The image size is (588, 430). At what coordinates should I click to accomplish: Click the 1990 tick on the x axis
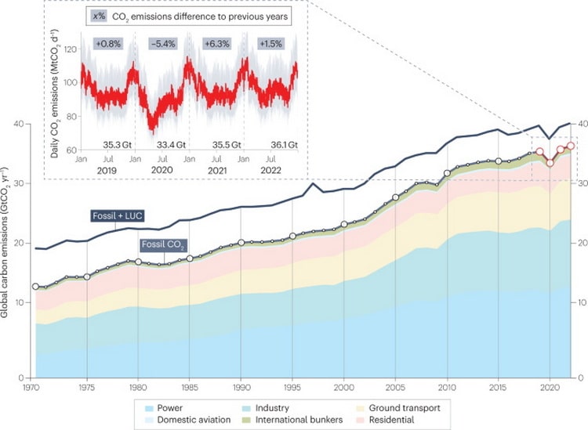[241, 386]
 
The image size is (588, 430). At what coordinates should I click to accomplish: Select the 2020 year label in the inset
[161, 168]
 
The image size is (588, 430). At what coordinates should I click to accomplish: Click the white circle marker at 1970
[35, 287]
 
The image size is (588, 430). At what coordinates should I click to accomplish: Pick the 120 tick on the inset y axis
[70, 49]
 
